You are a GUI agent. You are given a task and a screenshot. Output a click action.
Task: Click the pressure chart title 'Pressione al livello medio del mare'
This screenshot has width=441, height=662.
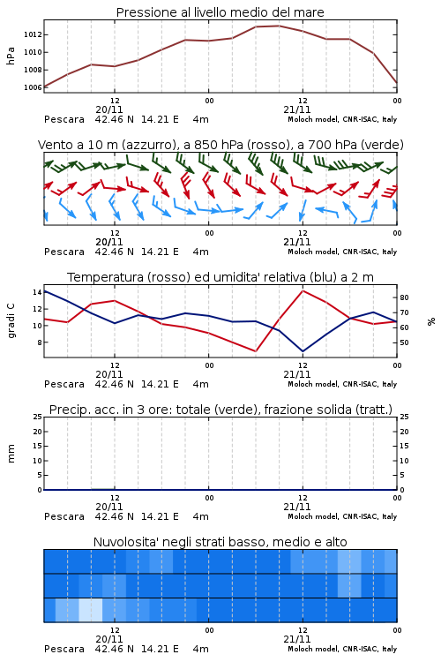pos(220,12)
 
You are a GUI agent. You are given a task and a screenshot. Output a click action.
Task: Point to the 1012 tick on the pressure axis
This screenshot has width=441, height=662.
pos(33,34)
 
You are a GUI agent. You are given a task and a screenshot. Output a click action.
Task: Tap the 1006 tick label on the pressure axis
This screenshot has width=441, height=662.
pos(33,87)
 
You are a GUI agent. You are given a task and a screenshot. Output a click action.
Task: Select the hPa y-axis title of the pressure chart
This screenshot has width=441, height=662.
pos(11,56)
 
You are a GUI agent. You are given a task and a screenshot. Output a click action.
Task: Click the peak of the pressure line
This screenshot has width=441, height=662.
pos(279,26)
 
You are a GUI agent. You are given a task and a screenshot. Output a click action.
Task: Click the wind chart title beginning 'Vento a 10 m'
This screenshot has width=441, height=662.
pos(220,145)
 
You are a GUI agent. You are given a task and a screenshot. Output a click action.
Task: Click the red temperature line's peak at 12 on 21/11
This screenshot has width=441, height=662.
pos(303,290)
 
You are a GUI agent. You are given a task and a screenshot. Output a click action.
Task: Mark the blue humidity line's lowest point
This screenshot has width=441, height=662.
pos(303,351)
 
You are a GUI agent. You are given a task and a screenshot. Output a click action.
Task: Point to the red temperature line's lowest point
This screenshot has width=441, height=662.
pos(256,351)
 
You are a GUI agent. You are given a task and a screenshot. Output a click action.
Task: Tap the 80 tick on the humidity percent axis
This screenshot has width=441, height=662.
pos(404,297)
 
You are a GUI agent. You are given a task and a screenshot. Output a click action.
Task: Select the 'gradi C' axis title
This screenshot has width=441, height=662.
pos(11,321)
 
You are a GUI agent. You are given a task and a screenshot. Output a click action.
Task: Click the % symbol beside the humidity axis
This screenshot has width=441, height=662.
pos(431,321)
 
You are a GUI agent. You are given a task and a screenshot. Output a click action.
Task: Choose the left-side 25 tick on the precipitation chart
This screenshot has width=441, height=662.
pos(38,417)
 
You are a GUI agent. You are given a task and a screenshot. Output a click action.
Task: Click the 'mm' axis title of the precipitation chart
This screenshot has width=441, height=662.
pos(11,454)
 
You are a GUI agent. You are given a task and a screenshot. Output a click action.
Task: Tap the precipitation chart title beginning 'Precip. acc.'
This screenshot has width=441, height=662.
pos(220,410)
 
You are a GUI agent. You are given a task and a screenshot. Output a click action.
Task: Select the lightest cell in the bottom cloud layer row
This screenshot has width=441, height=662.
pos(90,610)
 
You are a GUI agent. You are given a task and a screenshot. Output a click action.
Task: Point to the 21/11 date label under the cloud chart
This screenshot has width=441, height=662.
pos(296,639)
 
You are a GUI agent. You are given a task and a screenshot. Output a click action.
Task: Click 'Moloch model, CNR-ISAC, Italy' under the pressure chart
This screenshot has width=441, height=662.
pos(342,119)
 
